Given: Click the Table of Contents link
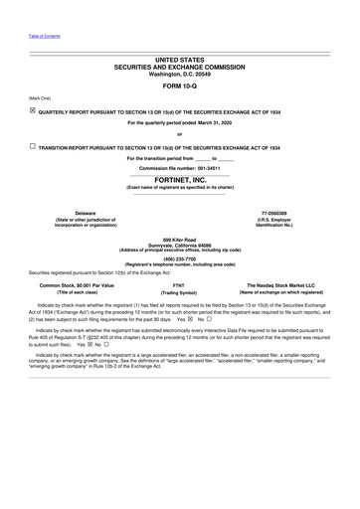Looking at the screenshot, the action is tap(44, 36).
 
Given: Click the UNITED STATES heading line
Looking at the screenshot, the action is tap(179, 60).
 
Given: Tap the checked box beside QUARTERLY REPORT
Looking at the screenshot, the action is tap(32, 111).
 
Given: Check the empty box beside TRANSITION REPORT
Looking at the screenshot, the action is tap(32, 146).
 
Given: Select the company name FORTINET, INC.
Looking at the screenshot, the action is tap(179, 180).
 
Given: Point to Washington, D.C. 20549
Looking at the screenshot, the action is tap(179, 72).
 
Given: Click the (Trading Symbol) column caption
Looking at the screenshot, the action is tap(179, 293).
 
